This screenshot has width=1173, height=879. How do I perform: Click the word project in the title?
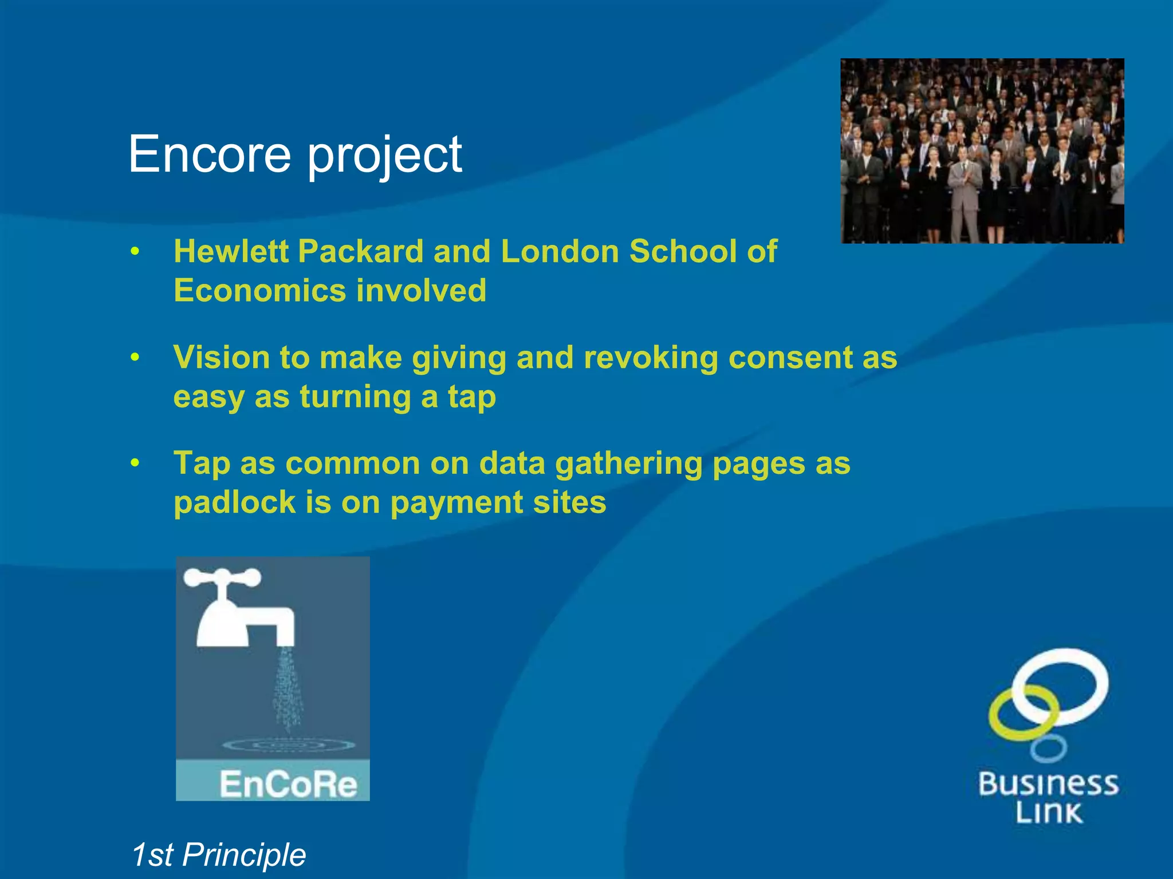point(384,156)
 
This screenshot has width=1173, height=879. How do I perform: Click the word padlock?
point(234,502)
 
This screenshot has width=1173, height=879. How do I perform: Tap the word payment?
point(456,503)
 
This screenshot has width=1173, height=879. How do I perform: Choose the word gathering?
point(628,464)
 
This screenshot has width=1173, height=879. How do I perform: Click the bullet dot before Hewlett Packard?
point(135,251)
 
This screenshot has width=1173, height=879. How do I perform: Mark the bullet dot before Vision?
point(135,358)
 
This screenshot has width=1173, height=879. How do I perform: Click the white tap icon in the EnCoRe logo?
point(241,609)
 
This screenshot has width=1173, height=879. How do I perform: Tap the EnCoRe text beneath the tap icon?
point(288,784)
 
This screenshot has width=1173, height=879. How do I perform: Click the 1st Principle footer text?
point(218,855)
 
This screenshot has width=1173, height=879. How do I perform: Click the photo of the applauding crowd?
point(982,151)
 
